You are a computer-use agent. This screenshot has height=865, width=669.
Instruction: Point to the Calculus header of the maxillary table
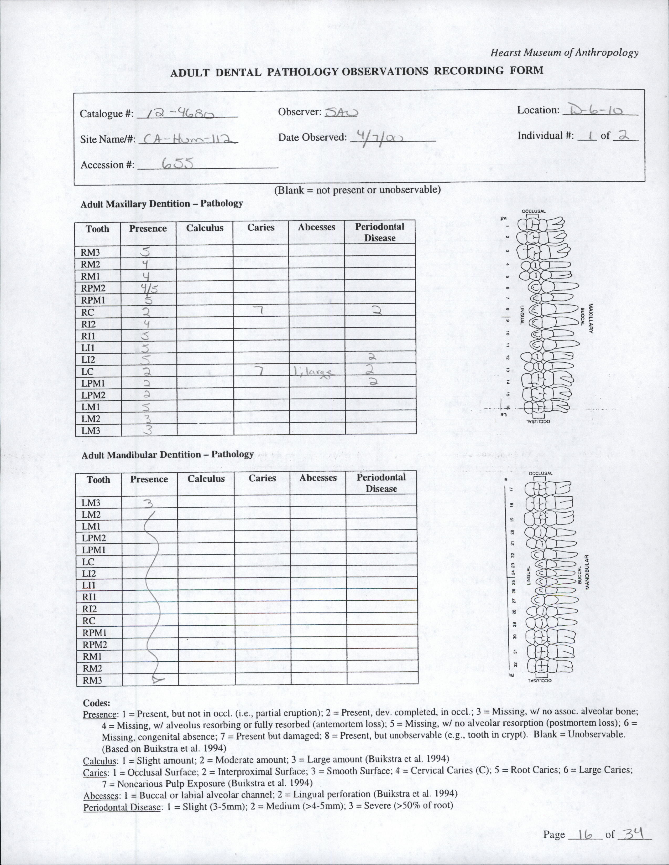pyautogui.click(x=205, y=228)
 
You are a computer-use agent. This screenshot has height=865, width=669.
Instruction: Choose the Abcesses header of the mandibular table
pyautogui.click(x=318, y=478)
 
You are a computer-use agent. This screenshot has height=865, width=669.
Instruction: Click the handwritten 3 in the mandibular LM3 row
pyautogui.click(x=148, y=503)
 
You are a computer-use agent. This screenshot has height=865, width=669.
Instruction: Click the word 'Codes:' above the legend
pyautogui.click(x=97, y=703)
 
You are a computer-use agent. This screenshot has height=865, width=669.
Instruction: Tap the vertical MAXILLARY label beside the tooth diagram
pyautogui.click(x=590, y=319)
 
